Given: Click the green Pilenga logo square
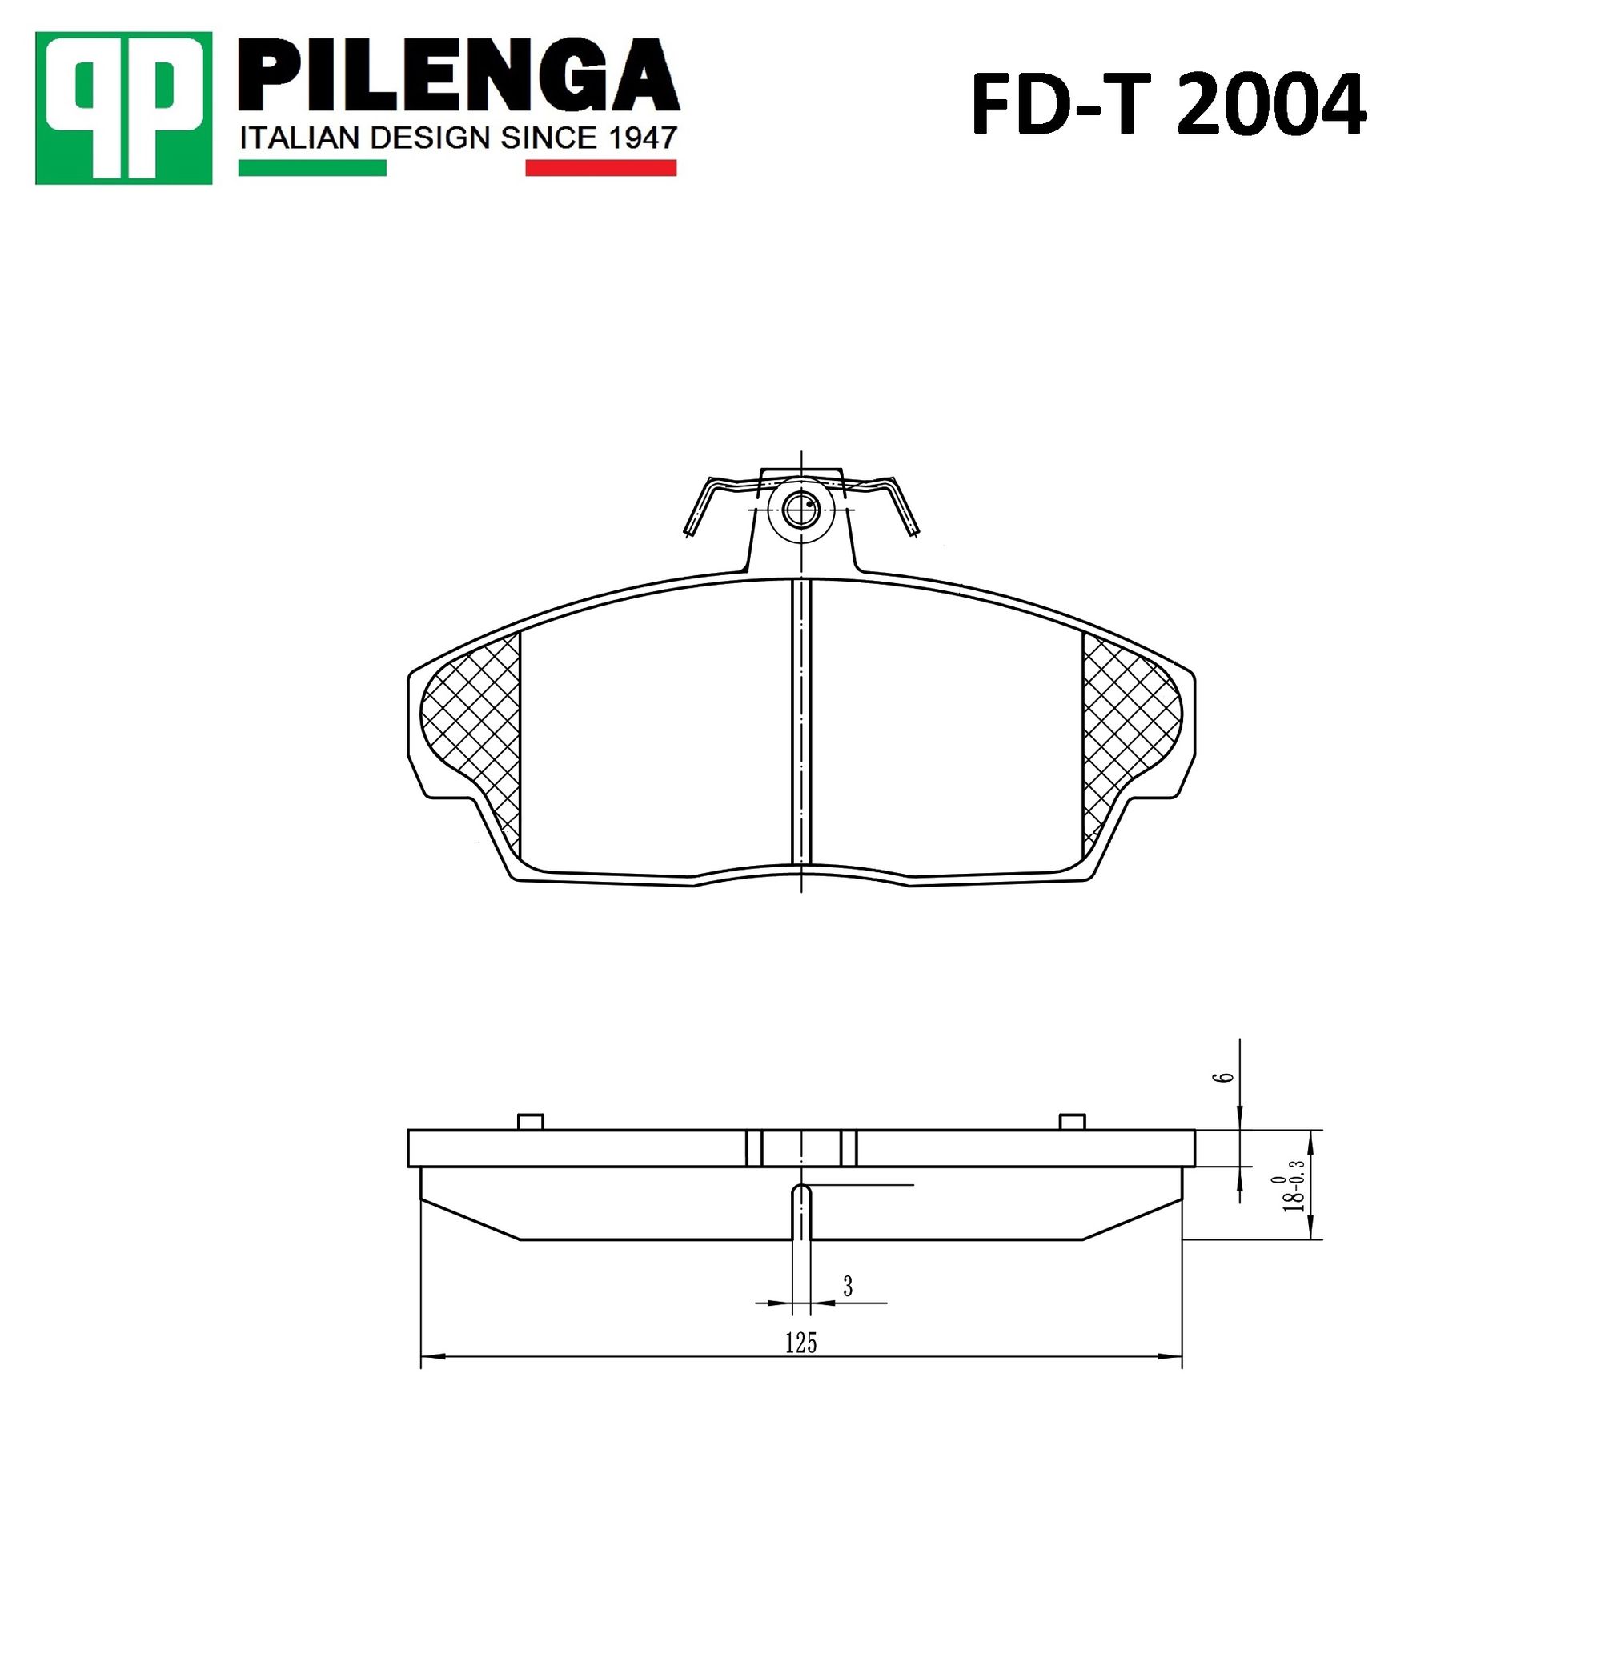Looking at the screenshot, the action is coord(124,108).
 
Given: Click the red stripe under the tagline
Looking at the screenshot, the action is coord(601,168).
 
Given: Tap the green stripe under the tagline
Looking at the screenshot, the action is coord(312,168).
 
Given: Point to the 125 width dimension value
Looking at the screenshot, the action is coord(800,1343).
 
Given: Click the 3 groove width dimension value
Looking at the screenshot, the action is coord(848,1287).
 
